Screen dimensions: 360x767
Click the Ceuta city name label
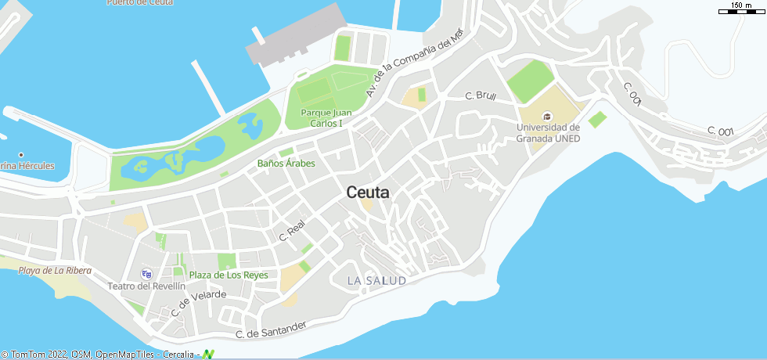367,193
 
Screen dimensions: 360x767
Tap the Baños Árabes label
286,164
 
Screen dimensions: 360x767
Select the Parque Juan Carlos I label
326,118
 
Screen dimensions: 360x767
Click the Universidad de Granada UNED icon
547,117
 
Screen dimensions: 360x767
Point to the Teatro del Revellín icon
146,274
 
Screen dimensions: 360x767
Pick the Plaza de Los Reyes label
229,275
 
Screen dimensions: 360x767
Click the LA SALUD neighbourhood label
376,280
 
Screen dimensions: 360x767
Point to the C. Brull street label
481,96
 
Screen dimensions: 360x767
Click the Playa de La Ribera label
55,271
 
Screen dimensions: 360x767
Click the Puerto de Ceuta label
141,2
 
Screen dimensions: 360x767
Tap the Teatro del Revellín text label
146,286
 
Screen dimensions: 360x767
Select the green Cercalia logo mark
208,355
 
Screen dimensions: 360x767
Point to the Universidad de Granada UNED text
548,132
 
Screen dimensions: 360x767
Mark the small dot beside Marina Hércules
21,155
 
